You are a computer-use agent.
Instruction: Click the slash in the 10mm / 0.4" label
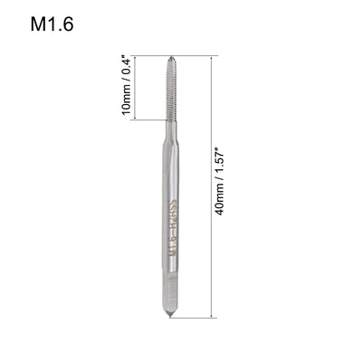click(x=127, y=88)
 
